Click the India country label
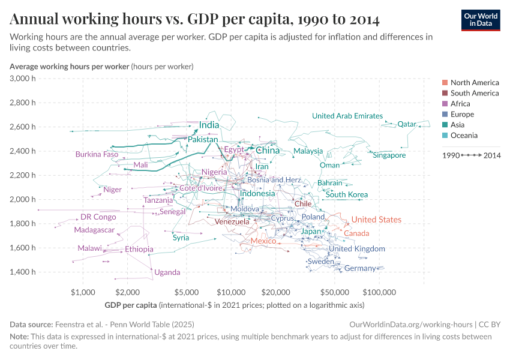[209, 125]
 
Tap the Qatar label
[407, 124]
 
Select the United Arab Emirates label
[347, 116]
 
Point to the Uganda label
[167, 272]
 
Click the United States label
[376, 220]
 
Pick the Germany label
[360, 268]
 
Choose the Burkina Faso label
[97, 154]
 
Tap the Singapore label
[389, 155]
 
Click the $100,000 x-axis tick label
[379, 292]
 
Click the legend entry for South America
[474, 93]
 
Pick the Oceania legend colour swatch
[445, 136]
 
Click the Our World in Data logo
[480, 20]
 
